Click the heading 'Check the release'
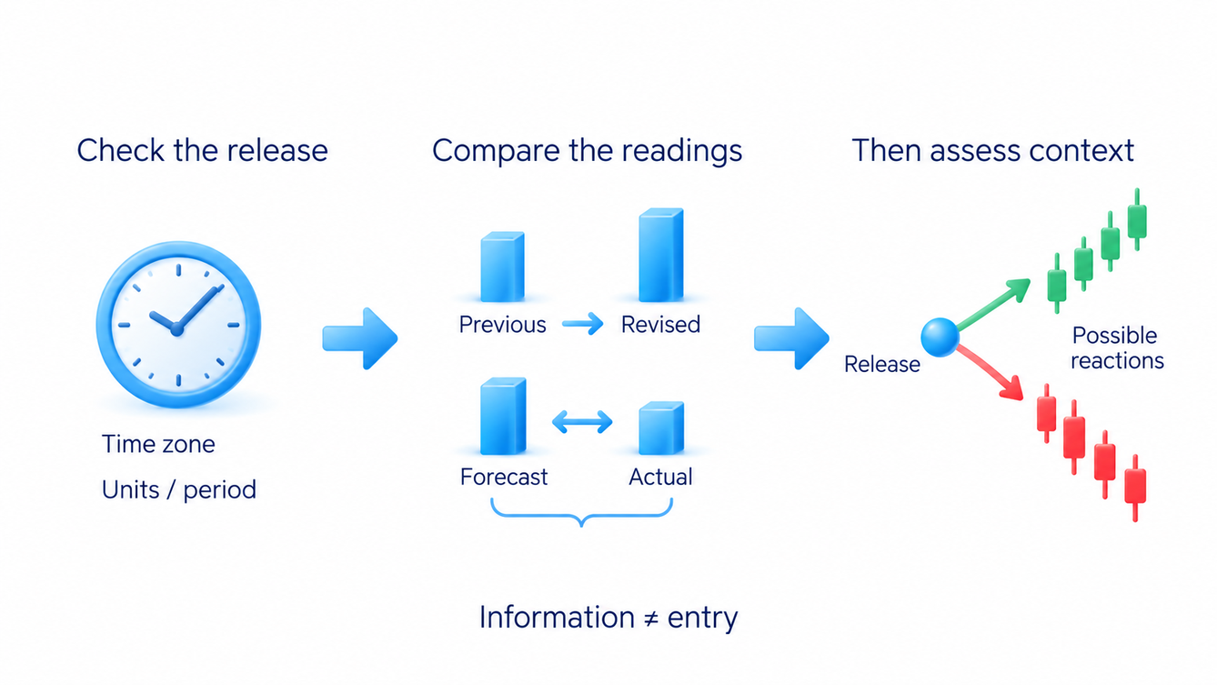[x=202, y=150]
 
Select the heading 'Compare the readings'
[x=587, y=151]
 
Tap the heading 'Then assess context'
[x=992, y=150]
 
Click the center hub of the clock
[x=176, y=328]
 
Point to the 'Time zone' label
[x=158, y=444]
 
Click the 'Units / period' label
[x=179, y=490]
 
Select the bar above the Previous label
[x=503, y=267]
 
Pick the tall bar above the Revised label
[x=660, y=255]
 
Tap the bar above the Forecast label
[x=503, y=416]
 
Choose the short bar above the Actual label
[x=661, y=428]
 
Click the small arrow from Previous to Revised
[x=582, y=324]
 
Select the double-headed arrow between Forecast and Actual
[x=582, y=422]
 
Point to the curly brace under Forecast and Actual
[x=582, y=515]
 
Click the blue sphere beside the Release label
[x=940, y=337]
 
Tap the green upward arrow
[x=993, y=305]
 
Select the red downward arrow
[x=990, y=374]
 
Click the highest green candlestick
[x=1137, y=220]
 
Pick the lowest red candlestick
[x=1135, y=488]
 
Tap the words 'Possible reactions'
[x=1116, y=348]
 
